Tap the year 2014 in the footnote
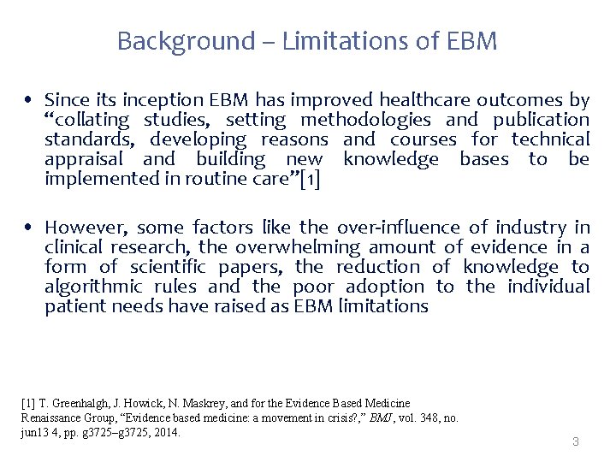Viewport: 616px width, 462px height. (168, 432)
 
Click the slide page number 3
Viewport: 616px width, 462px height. (576, 442)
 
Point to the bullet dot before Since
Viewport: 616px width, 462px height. (30, 101)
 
